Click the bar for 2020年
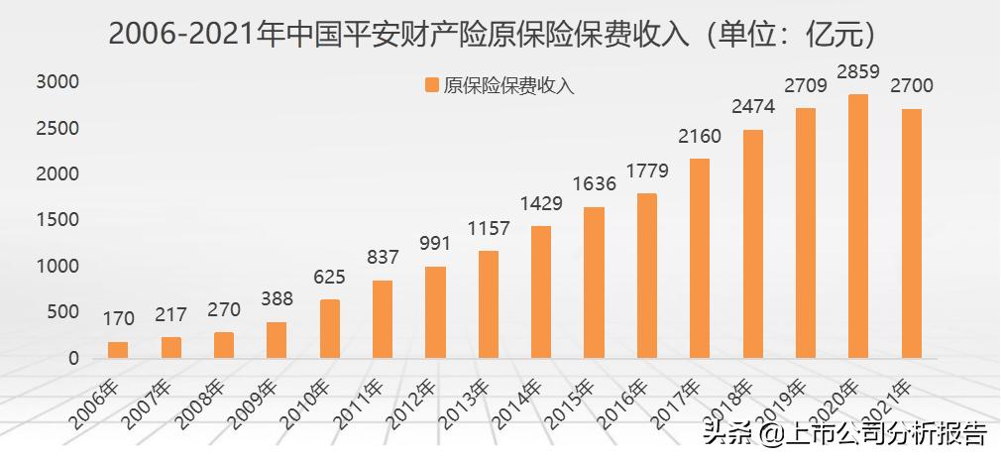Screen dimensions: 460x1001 (858, 226)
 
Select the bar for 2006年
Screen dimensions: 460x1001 (118, 350)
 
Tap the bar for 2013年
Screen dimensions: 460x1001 (488, 304)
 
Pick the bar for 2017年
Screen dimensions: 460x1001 (700, 258)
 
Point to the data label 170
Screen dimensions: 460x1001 (118, 320)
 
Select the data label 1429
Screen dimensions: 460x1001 (541, 204)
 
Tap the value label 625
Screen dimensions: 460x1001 (329, 278)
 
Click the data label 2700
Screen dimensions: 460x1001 (912, 86)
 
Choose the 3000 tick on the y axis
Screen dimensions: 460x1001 (57, 82)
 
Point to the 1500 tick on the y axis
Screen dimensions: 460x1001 (57, 220)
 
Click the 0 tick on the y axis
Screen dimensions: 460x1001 (72, 358)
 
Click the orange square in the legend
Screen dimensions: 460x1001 (431, 86)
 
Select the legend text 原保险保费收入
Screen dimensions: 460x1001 (508, 86)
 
